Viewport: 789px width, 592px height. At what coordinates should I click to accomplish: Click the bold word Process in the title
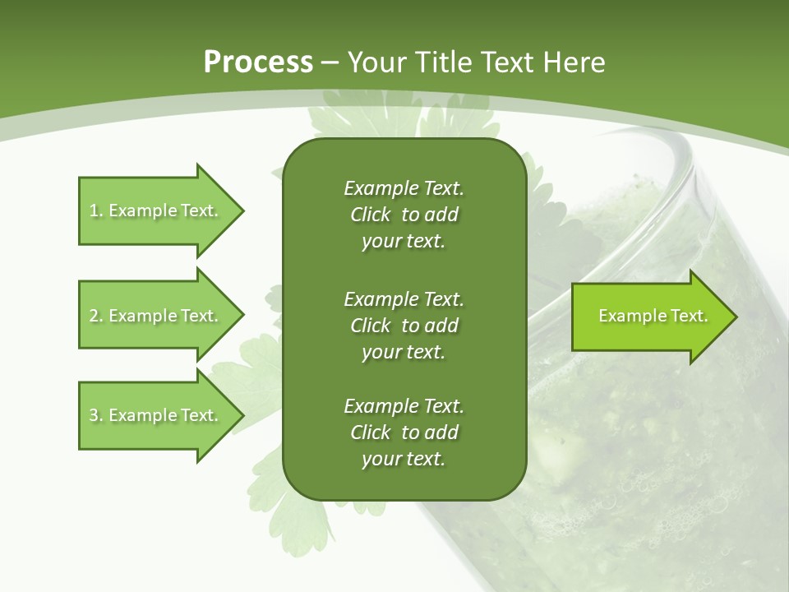pos(258,62)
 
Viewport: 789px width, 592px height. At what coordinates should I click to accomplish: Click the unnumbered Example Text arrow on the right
pos(653,316)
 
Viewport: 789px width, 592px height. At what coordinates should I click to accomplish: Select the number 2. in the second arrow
pos(95,316)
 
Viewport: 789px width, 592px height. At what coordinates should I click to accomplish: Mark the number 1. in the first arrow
pos(95,210)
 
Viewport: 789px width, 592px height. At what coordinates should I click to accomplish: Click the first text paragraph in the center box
pos(404,215)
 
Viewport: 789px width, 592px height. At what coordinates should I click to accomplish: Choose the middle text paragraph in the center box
pos(404,325)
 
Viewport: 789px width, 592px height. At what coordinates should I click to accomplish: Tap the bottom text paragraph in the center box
pos(404,432)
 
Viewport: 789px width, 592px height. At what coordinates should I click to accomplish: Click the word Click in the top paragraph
pos(370,215)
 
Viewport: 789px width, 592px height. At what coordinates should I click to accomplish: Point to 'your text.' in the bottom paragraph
pos(404,459)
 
